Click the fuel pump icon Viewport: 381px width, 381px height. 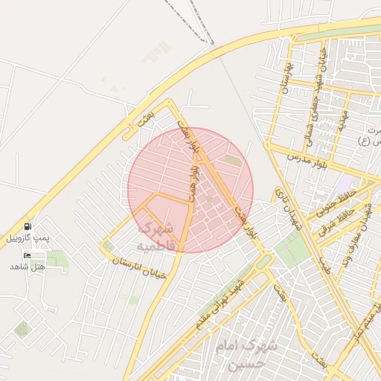(x=28, y=226)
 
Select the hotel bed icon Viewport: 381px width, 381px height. (x=28, y=255)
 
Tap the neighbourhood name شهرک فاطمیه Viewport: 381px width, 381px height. (x=156, y=235)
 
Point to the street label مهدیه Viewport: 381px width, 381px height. (x=342, y=118)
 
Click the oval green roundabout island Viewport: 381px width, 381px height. (x=263, y=262)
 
